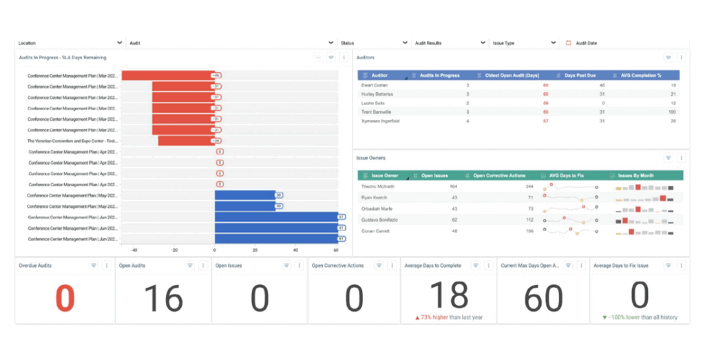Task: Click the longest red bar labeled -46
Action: pyautogui.click(x=167, y=76)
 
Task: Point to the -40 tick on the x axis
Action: pyautogui.click(x=134, y=251)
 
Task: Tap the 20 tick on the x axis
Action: pyautogui.click(x=255, y=251)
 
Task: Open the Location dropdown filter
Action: pyautogui.click(x=69, y=43)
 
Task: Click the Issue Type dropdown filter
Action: pyautogui.click(x=524, y=43)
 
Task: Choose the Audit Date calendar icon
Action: pyautogui.click(x=568, y=43)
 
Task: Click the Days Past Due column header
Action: pyautogui.click(x=579, y=75)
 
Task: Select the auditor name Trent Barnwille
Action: pyautogui.click(x=377, y=112)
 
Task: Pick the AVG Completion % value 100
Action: pyautogui.click(x=672, y=112)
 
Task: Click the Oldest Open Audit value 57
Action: pyautogui.click(x=545, y=120)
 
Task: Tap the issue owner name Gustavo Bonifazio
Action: pyautogui.click(x=379, y=220)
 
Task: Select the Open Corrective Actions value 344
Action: pyautogui.click(x=529, y=187)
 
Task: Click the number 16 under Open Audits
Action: pyautogui.click(x=163, y=298)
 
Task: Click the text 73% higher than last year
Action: pyautogui.click(x=452, y=317)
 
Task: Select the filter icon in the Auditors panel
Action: pyautogui.click(x=668, y=58)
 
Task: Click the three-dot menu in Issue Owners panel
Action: pyautogui.click(x=681, y=158)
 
